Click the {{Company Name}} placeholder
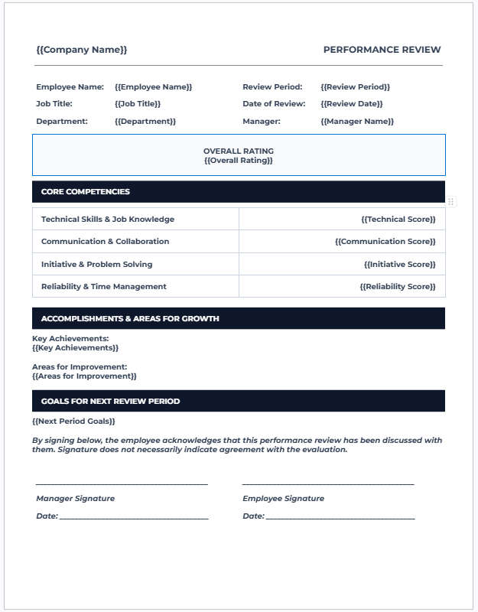tap(82, 50)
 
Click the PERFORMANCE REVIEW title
tap(382, 50)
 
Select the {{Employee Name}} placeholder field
tap(153, 87)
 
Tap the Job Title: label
tap(54, 104)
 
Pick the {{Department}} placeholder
tap(145, 122)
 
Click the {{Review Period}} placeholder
tap(355, 87)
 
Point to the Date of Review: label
tap(274, 104)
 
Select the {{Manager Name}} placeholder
tap(357, 122)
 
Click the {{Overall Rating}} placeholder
tap(239, 161)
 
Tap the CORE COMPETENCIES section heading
tap(86, 192)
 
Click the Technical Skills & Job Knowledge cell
tap(108, 220)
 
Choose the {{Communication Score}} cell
tap(385, 242)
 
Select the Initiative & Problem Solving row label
tap(97, 265)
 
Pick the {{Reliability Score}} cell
tap(397, 287)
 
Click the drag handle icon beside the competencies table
tap(451, 201)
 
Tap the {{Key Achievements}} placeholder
tap(76, 348)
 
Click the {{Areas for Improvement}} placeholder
tap(84, 376)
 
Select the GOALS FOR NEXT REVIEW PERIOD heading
tap(111, 402)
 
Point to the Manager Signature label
tap(76, 499)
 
